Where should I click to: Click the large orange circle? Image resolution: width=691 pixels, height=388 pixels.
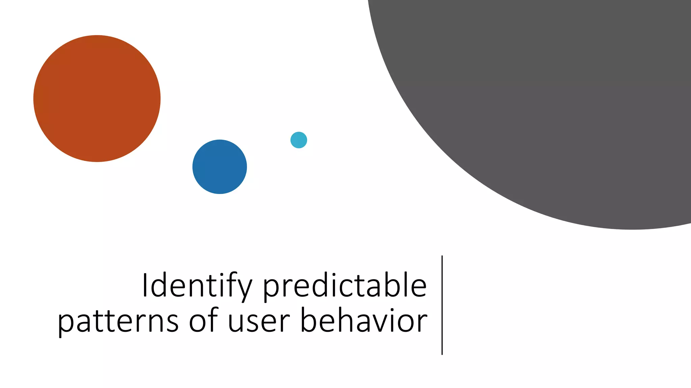(x=97, y=98)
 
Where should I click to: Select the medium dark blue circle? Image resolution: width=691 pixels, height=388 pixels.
(x=220, y=167)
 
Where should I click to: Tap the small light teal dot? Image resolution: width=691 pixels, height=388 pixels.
(x=299, y=140)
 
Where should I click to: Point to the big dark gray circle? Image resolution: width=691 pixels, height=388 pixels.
(x=557, y=101)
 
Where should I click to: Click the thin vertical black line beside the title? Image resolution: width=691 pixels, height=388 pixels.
(x=442, y=305)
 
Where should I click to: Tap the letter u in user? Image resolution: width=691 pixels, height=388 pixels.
(x=236, y=322)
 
